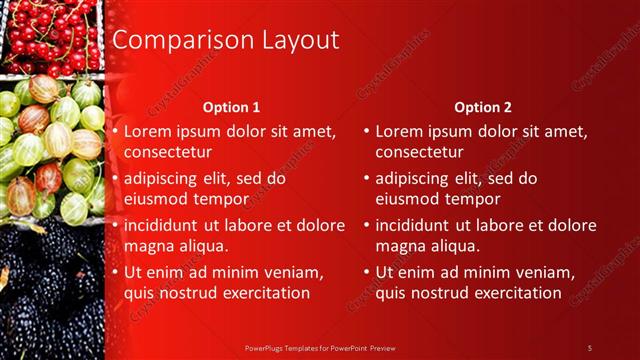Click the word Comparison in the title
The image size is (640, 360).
[173, 40]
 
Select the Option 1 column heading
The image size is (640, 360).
[231, 106]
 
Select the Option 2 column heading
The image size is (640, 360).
[482, 106]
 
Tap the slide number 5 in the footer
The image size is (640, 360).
[589, 347]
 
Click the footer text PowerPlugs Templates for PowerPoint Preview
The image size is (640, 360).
[319, 347]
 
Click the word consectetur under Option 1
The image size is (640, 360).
[167, 153]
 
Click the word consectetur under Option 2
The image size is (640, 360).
[419, 153]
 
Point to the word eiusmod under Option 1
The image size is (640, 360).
[154, 199]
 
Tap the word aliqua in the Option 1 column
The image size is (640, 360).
[203, 246]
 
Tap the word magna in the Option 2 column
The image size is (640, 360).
[399, 246]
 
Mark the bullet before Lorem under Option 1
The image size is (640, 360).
[115, 131]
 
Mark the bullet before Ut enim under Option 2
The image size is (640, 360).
[367, 272]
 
